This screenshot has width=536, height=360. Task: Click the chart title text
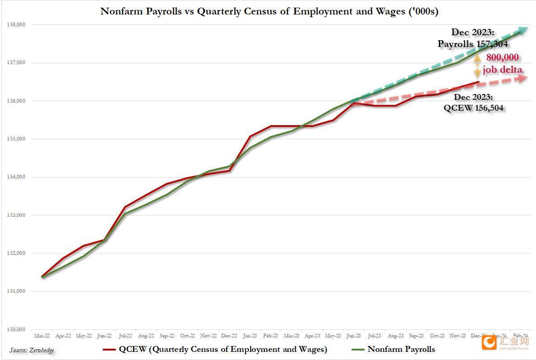coord(269,11)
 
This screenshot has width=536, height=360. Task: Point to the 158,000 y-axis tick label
coord(17,24)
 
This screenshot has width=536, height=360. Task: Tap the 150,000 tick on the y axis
coord(17,329)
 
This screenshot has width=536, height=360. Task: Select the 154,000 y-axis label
coord(17,177)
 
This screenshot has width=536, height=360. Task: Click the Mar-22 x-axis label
coord(42,336)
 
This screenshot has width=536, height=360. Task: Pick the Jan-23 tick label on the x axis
coord(250,336)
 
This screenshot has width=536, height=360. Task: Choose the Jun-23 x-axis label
coord(354,336)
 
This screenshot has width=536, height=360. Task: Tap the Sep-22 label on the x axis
coord(167,336)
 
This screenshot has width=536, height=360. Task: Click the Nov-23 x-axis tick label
coord(457,336)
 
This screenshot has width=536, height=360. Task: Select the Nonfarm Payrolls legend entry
coord(393,349)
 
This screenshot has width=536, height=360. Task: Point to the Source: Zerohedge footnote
coord(32,350)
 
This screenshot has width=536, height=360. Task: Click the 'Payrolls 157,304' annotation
coord(472,44)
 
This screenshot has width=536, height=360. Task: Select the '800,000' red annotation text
coord(502,57)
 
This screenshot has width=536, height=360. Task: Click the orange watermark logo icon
coord(489,342)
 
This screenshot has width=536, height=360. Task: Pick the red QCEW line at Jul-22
coord(125,207)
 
